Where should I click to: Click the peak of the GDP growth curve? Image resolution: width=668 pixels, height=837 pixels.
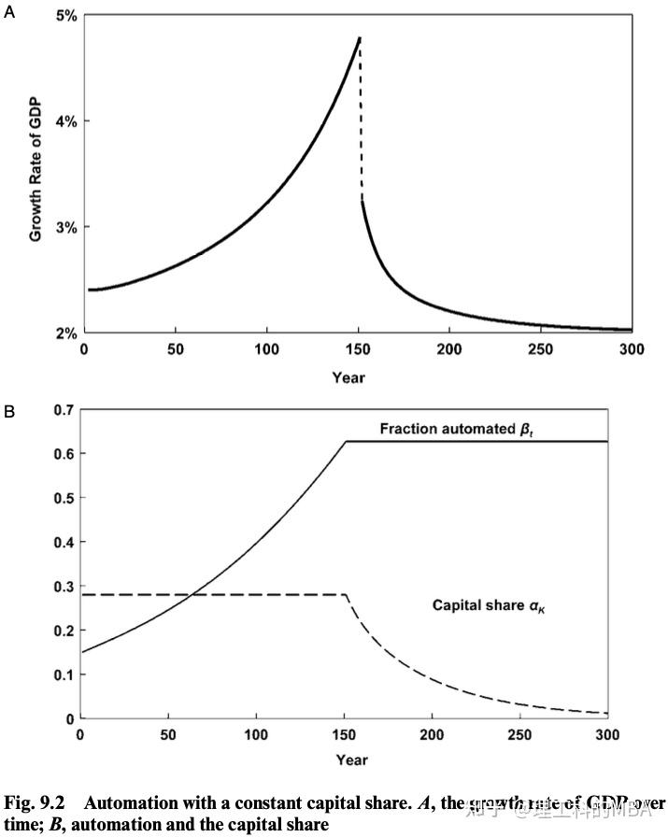(x=359, y=38)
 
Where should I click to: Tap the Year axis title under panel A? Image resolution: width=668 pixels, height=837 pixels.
(x=348, y=377)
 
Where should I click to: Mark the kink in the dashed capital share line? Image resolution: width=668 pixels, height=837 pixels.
(x=347, y=595)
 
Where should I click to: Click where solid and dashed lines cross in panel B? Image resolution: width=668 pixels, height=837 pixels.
(x=191, y=595)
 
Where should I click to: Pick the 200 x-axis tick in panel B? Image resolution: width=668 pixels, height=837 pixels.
(x=432, y=735)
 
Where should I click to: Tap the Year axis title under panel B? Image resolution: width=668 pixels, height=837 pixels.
(x=345, y=758)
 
